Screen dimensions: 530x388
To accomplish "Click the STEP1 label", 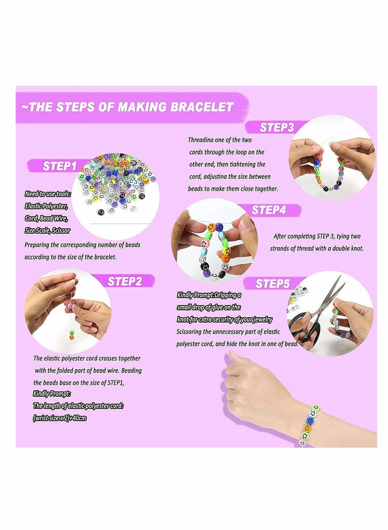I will tap(60, 166).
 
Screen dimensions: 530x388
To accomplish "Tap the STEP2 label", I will tap(125, 281).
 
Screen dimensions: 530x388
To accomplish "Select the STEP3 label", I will tap(276, 128).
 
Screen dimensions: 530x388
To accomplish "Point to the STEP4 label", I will tap(269, 210).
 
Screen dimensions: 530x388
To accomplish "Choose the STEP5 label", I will tap(273, 284).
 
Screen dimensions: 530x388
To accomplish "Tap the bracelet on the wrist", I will tap(308, 423).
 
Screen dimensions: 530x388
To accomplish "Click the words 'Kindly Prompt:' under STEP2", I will tap(52, 393).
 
